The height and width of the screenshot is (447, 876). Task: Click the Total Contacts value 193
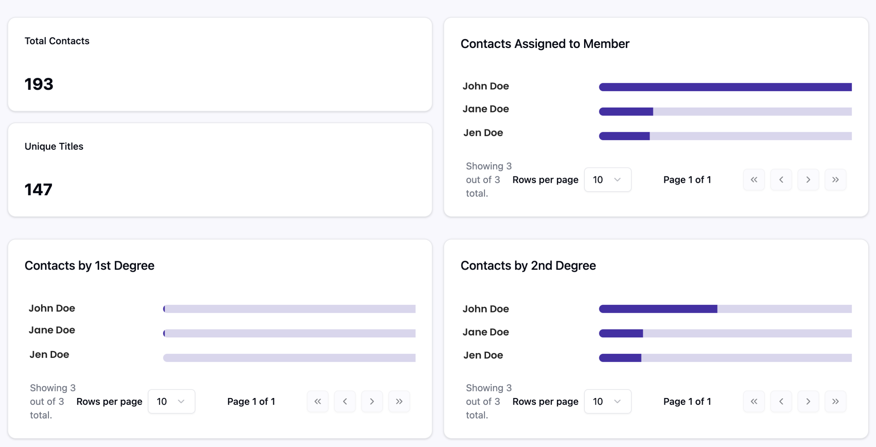tap(39, 84)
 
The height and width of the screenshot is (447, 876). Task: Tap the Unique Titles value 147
tap(38, 190)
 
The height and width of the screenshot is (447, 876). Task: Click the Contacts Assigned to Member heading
tap(545, 44)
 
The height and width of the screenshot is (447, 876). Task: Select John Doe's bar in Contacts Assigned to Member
tap(725, 87)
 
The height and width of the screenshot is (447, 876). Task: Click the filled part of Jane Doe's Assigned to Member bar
tap(626, 112)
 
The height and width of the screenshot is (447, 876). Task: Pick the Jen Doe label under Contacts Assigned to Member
tap(483, 133)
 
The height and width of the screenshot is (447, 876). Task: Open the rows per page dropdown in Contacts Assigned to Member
tap(607, 180)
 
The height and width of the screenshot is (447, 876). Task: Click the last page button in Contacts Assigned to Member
tap(835, 180)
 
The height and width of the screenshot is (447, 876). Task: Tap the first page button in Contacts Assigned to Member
tap(754, 180)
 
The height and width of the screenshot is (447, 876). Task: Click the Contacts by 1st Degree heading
tap(89, 266)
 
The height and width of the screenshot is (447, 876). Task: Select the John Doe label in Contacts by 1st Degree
tap(52, 308)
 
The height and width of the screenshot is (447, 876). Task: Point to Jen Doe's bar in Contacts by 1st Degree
tap(289, 358)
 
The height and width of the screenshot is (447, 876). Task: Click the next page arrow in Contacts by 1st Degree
tap(372, 401)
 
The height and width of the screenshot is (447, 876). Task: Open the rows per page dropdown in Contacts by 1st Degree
tap(171, 401)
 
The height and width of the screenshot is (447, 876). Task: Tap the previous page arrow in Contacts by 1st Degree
tap(345, 401)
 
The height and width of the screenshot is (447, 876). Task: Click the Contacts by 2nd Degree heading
tap(528, 266)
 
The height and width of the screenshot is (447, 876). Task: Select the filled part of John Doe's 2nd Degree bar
tap(658, 309)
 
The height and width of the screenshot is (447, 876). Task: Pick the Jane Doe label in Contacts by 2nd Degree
tap(486, 332)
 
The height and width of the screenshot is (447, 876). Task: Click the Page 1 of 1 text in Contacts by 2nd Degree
tap(687, 401)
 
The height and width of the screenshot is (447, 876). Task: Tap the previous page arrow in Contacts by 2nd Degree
tap(781, 401)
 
